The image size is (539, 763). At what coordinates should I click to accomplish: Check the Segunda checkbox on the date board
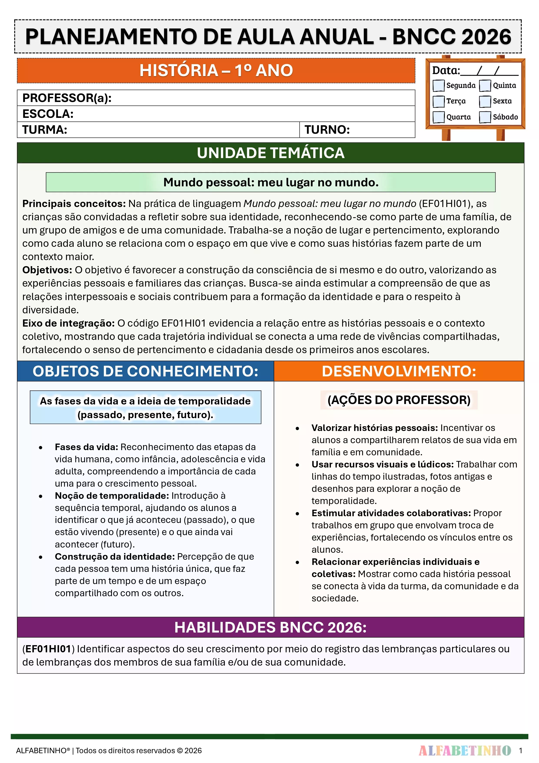[x=438, y=85]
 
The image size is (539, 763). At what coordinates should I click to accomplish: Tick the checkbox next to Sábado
[x=485, y=117]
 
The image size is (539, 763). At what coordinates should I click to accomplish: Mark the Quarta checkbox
[x=438, y=117]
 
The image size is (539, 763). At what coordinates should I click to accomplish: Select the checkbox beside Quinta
[x=485, y=85]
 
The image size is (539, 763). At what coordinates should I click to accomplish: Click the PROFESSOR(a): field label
[x=67, y=98]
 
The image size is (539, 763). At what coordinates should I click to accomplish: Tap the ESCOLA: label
[x=48, y=114]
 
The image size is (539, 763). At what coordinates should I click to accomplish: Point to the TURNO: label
[x=327, y=130]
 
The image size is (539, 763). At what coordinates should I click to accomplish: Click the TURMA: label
[x=45, y=130]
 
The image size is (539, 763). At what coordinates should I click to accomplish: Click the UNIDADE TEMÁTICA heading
[x=270, y=153]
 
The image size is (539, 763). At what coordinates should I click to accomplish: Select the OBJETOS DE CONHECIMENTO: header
[x=146, y=371]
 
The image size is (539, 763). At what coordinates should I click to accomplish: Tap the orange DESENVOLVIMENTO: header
[x=399, y=371]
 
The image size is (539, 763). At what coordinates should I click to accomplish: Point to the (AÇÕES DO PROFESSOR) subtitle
[x=399, y=400]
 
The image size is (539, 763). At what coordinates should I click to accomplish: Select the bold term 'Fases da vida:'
[x=86, y=447]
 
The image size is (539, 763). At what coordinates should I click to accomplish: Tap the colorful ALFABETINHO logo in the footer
[x=465, y=750]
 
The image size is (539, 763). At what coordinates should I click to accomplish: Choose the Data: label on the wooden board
[x=446, y=70]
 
